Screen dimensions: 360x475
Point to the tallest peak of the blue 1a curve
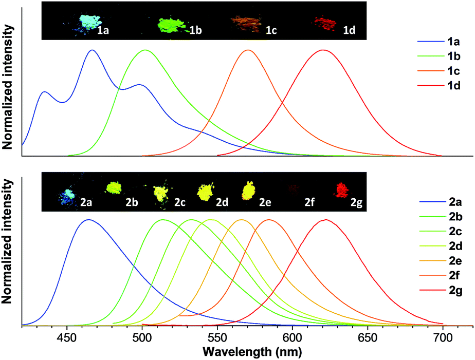pyautogui.click(x=92, y=50)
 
